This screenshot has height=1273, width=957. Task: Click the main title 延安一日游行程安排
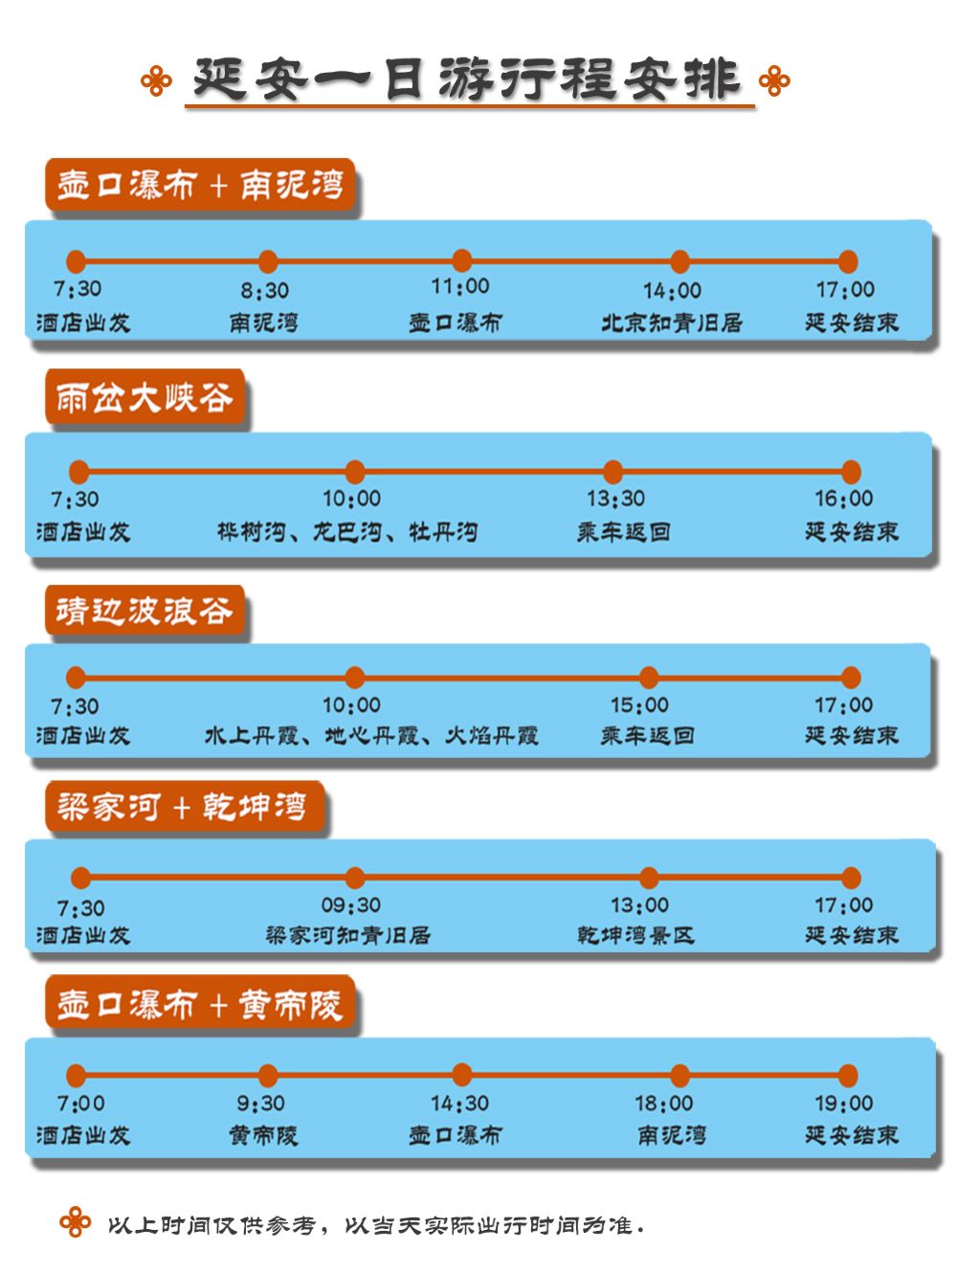tap(467, 79)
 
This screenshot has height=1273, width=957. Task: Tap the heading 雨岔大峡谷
tap(144, 397)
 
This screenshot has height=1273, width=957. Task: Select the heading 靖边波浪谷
tap(144, 611)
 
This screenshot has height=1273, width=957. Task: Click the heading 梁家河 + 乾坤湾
tap(182, 807)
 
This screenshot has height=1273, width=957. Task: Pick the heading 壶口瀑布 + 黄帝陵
tap(199, 1005)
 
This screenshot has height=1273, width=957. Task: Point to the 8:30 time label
tap(264, 290)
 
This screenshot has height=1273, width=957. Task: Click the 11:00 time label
tap(460, 286)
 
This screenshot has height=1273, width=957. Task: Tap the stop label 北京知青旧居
tap(672, 323)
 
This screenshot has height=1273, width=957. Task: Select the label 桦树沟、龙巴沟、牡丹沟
tap(347, 532)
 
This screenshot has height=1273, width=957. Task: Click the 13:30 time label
tap(615, 499)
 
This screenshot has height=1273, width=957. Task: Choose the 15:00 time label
tap(639, 705)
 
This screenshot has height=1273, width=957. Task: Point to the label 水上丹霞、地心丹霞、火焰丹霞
tap(371, 736)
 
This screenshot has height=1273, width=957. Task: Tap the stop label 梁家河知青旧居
tap(348, 935)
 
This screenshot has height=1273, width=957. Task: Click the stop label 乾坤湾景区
tap(635, 935)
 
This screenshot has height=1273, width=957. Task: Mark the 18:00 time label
tap(663, 1104)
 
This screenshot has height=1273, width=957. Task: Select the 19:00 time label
tap(843, 1104)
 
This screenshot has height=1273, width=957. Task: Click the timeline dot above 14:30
tap(462, 1075)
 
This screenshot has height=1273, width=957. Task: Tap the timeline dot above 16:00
tap(851, 472)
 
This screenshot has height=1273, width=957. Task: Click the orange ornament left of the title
tap(156, 80)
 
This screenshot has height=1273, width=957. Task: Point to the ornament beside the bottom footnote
tap(75, 1223)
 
